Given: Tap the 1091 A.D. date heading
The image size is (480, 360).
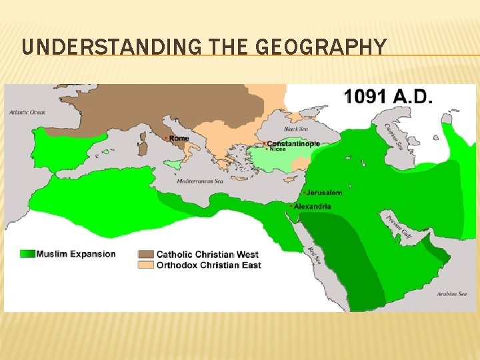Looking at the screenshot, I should click(x=389, y=97).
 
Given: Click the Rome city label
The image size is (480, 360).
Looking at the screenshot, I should click(x=179, y=138).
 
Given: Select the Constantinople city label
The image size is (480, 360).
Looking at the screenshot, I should click(x=294, y=143).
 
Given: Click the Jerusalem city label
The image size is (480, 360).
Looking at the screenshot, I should click(x=325, y=193).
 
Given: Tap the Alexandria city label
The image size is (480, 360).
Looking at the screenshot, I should click(x=313, y=207).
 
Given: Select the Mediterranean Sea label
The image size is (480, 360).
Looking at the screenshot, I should click(x=205, y=181).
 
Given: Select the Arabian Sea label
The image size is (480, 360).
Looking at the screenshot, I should click(x=456, y=293).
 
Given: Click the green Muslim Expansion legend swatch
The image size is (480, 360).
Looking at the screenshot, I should click(x=27, y=253).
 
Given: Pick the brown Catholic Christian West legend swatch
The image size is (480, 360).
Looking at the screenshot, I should click(x=146, y=254).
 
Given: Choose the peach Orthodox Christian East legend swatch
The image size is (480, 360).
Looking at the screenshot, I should click(x=146, y=265).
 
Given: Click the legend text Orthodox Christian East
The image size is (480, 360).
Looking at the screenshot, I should click(x=209, y=265).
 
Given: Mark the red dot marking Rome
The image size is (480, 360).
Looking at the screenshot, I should click(x=166, y=138).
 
